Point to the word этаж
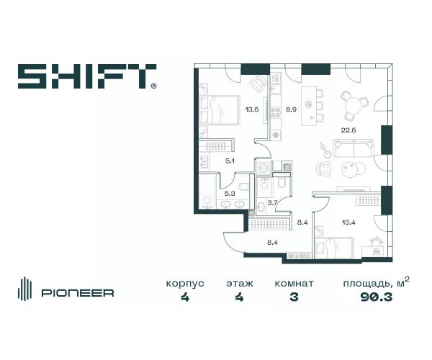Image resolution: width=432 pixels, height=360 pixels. coord(238,284)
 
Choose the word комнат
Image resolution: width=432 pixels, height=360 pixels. coord(292,284)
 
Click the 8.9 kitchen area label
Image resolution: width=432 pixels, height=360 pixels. coord(291,111)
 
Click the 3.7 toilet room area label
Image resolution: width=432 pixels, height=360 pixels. coord(272,204)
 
